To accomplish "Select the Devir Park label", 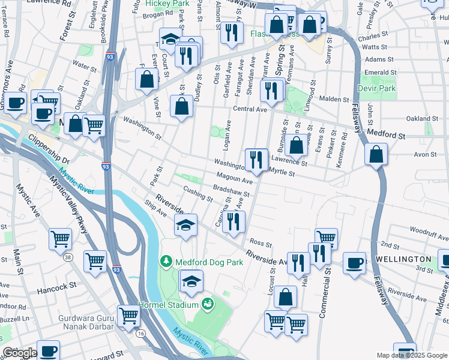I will click(376, 88).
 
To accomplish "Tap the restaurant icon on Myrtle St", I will click(257, 160).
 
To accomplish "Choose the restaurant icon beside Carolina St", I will click(234, 221).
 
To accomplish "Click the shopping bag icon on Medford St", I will click(376, 154).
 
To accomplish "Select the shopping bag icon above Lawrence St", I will click(296, 145).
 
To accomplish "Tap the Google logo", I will click(19, 353).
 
